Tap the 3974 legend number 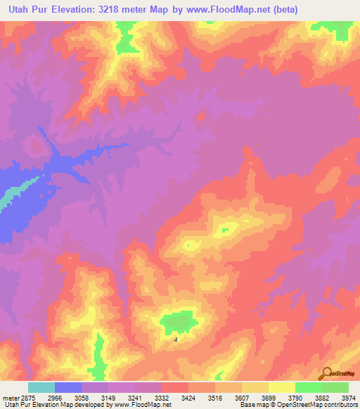[349, 398]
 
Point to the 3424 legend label [188, 398]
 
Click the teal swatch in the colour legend [41, 387]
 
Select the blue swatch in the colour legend [68, 387]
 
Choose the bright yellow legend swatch [282, 387]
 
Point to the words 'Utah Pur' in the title [27, 10]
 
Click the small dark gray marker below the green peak [176, 340]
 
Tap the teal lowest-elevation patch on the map [6, 200]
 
